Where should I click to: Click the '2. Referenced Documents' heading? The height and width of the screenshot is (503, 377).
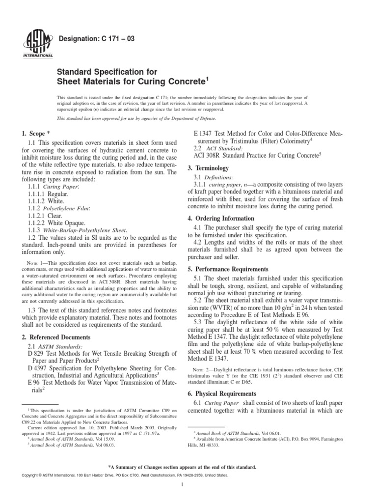[56, 337]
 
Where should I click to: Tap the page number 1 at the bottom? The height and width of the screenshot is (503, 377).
[182, 485]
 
